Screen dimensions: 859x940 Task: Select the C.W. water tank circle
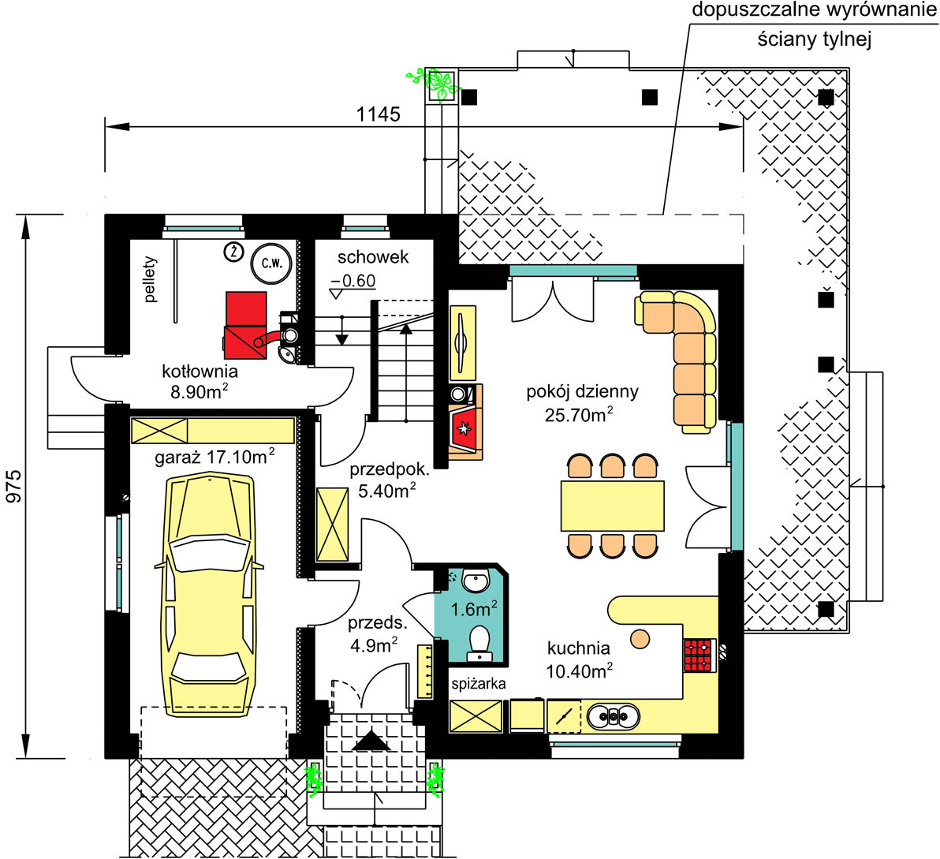tap(271, 263)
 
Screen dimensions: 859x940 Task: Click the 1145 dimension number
tap(379, 114)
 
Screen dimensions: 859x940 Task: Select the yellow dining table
tap(612, 506)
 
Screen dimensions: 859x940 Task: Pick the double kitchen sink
tap(612, 716)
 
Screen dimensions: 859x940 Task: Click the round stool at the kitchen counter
tap(640, 637)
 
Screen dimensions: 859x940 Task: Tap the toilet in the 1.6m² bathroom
tap(479, 641)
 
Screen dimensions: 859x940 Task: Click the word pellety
tap(151, 280)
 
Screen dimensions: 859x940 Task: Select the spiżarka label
tap(478, 683)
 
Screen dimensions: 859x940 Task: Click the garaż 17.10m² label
tap(215, 455)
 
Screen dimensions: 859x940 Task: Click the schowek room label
tap(373, 257)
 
